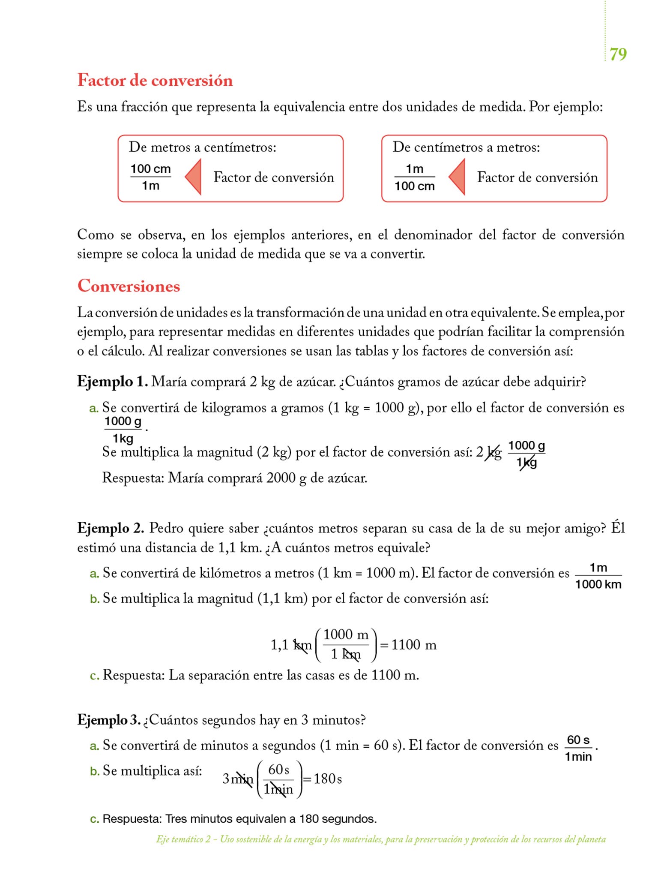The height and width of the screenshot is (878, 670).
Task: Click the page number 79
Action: (x=618, y=54)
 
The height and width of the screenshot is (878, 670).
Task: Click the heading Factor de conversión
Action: (x=155, y=81)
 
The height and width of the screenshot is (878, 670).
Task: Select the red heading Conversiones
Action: (x=129, y=286)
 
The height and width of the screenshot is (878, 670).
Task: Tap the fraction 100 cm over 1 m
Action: (x=150, y=177)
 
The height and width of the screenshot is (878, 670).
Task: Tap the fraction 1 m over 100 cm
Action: (x=414, y=177)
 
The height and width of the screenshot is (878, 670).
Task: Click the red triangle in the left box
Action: (x=194, y=177)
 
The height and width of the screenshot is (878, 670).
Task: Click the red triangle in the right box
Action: (x=458, y=177)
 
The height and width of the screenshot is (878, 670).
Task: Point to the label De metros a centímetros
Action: (x=202, y=147)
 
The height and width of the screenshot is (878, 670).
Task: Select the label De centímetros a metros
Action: (x=466, y=147)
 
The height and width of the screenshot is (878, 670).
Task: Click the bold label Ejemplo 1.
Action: (x=112, y=381)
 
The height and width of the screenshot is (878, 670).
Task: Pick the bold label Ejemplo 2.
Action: (x=111, y=528)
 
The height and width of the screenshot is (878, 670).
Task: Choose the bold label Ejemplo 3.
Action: (x=109, y=719)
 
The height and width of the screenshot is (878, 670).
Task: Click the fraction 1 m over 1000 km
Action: (x=598, y=576)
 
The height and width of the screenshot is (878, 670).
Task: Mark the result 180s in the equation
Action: (x=327, y=779)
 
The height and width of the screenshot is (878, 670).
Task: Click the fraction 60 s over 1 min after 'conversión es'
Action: (x=578, y=748)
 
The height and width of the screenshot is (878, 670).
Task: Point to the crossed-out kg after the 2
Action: (x=494, y=453)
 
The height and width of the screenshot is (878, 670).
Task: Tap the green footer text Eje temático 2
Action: (x=183, y=839)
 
